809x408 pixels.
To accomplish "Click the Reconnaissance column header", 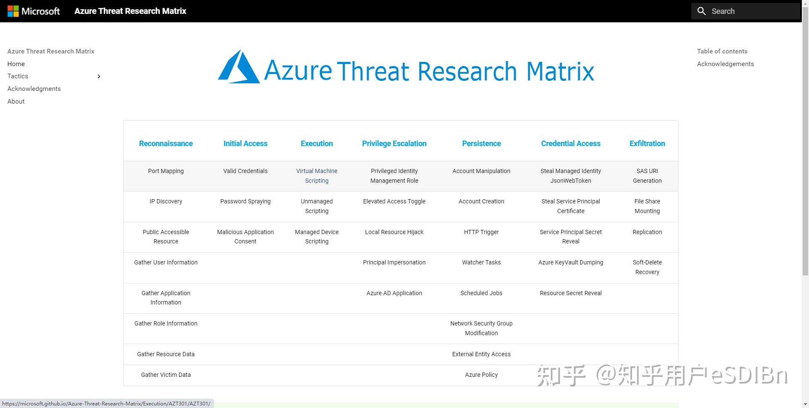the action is pyautogui.click(x=166, y=144).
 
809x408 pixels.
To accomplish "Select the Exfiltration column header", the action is pyautogui.click(x=647, y=144).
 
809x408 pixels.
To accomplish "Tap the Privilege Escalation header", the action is pyautogui.click(x=394, y=144).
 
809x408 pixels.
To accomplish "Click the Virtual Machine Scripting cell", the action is pyautogui.click(x=316, y=176).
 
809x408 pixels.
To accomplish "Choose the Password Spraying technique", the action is pyautogui.click(x=245, y=201).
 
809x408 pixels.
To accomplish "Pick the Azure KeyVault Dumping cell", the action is pyautogui.click(x=571, y=262).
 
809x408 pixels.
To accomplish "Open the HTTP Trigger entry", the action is pyautogui.click(x=481, y=232).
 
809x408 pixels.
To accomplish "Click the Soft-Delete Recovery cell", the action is pyautogui.click(x=647, y=267).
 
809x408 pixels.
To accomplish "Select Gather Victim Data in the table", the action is pyautogui.click(x=166, y=375).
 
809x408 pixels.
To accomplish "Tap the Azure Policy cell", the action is pyautogui.click(x=481, y=375).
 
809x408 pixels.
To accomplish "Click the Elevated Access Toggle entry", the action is pyautogui.click(x=394, y=201).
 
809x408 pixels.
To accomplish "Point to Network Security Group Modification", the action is pyautogui.click(x=481, y=328).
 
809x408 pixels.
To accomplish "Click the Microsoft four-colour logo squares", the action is pyautogui.click(x=13, y=11).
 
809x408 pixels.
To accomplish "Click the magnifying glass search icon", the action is pyautogui.click(x=702, y=11).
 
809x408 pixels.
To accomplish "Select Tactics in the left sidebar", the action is pyautogui.click(x=18, y=76).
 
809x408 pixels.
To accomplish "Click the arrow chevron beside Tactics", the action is pyautogui.click(x=99, y=76).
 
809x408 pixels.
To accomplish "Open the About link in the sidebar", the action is pyautogui.click(x=16, y=101).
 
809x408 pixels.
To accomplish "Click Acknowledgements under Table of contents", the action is pyautogui.click(x=725, y=64).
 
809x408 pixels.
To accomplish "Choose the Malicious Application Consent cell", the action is pyautogui.click(x=245, y=237).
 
